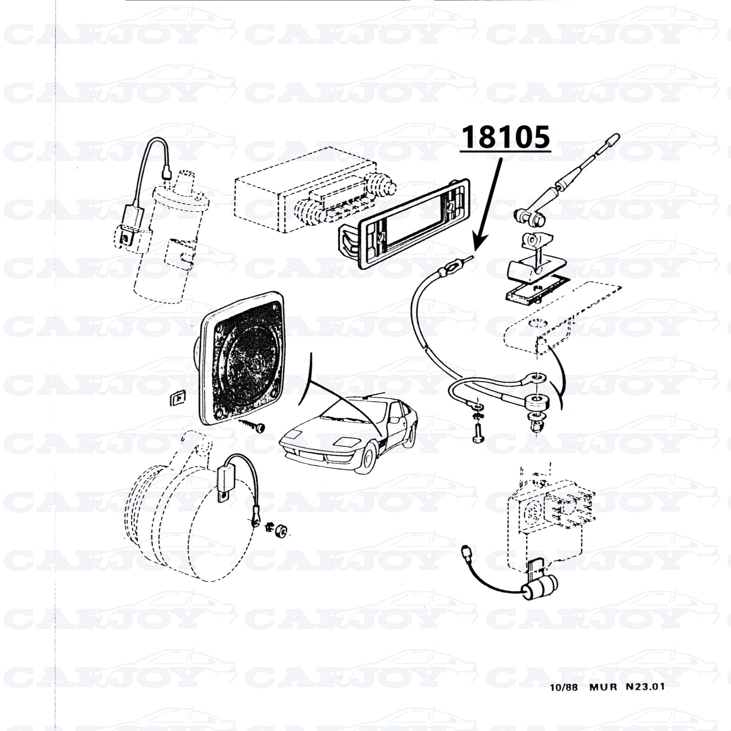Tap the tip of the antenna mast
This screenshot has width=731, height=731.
[616, 137]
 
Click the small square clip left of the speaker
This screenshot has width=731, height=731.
[176, 398]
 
